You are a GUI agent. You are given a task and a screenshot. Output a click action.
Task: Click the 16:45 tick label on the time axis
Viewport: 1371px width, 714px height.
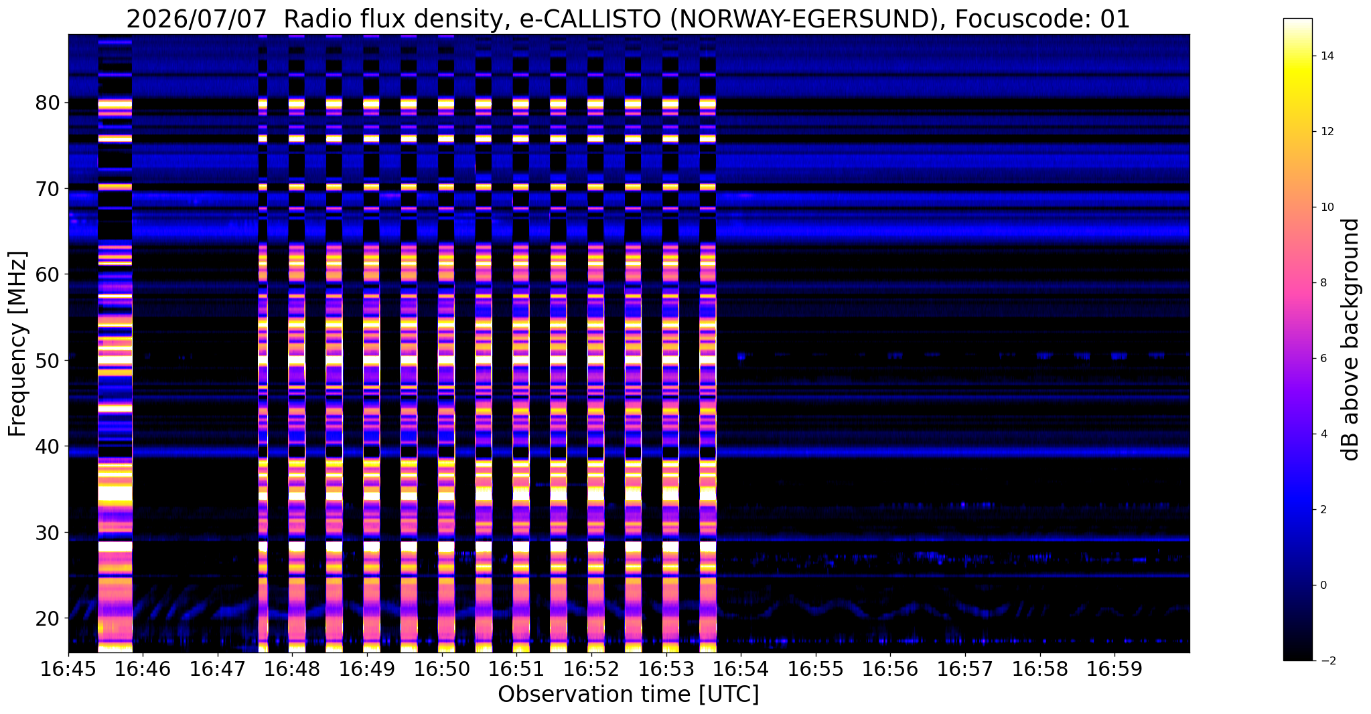(68, 670)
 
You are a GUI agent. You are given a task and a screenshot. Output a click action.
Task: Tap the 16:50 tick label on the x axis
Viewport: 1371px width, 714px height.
(442, 670)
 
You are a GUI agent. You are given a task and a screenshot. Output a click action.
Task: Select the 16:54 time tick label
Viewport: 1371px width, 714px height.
(741, 670)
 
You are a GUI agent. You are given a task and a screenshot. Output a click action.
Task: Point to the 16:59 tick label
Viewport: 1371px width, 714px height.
(1114, 670)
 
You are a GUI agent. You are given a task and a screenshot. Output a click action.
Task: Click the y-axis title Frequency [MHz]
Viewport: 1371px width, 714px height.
(17, 344)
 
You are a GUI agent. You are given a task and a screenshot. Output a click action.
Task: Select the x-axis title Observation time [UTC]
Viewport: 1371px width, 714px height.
(628, 695)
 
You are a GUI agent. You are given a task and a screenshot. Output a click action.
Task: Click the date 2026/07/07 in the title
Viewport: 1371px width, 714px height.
(198, 19)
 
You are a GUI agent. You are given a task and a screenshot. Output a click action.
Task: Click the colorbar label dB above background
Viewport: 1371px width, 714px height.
(1351, 339)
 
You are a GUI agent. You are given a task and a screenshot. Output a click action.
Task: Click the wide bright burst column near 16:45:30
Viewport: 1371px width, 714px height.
(115, 343)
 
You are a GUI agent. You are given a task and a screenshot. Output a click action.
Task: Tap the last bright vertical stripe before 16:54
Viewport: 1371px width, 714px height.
(708, 343)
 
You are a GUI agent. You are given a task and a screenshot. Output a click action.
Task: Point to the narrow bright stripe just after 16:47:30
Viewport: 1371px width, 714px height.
(263, 343)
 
